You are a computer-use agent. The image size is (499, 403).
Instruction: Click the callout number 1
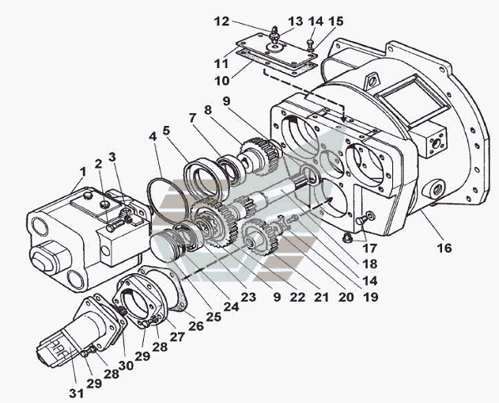[81, 173]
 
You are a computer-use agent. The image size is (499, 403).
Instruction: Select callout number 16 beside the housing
[445, 248]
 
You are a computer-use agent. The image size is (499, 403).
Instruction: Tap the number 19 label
[370, 298]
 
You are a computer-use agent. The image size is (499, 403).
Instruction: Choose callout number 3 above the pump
[113, 158]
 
